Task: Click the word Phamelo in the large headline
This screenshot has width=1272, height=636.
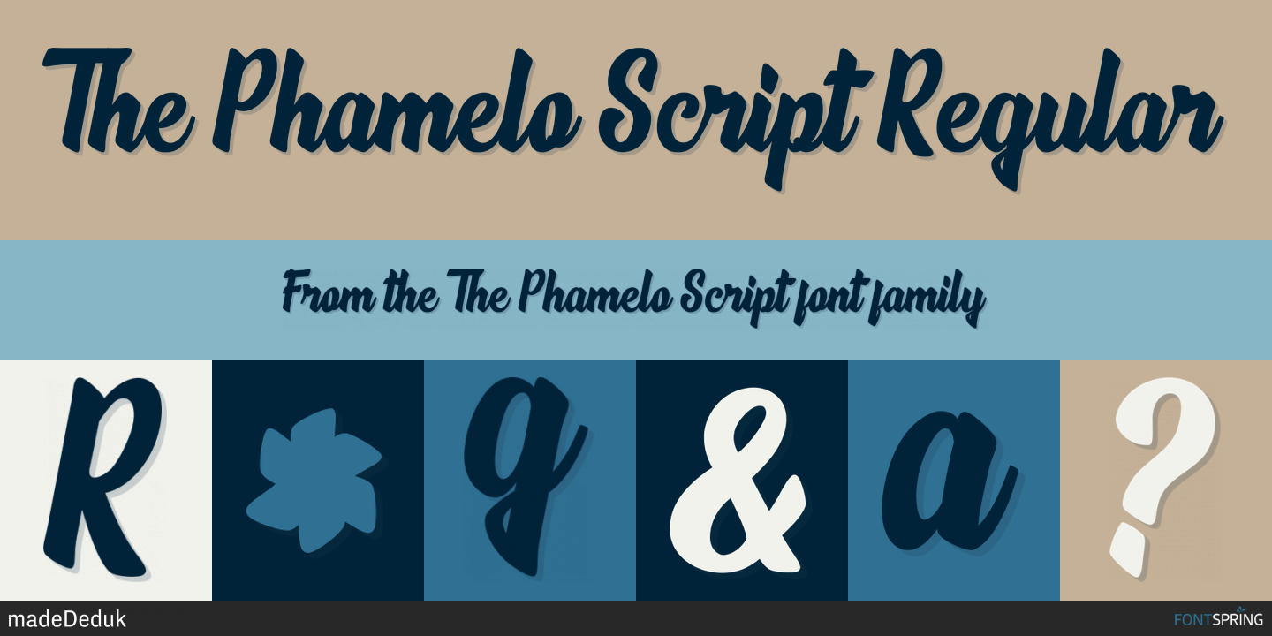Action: pyautogui.click(x=397, y=101)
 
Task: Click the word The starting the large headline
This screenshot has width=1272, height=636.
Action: pyautogui.click(x=118, y=100)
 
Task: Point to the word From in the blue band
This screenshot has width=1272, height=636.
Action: pyautogui.click(x=329, y=293)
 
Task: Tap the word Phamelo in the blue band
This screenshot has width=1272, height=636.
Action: pyautogui.click(x=596, y=291)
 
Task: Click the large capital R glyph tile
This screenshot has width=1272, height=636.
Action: pyautogui.click(x=102, y=476)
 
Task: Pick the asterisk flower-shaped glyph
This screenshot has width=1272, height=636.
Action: pyautogui.click(x=314, y=481)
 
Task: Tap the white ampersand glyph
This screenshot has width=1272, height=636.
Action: pyautogui.click(x=737, y=481)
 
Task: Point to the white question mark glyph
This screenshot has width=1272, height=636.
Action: pyautogui.click(x=1162, y=477)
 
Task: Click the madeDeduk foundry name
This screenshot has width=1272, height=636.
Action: pyautogui.click(x=67, y=619)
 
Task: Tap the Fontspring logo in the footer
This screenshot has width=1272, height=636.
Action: pyautogui.click(x=1219, y=617)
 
